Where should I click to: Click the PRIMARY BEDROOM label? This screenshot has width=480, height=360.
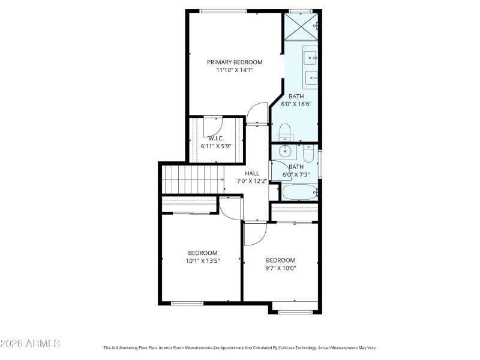coord(235,62)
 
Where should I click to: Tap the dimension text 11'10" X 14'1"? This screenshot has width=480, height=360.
coord(235,70)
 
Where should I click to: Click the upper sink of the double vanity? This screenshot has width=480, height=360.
coord(311,58)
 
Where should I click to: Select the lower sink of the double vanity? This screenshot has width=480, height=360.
coord(311,77)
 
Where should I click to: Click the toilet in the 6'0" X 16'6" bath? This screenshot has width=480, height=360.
coord(285,130)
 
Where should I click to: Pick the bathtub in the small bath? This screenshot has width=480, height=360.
coord(299,192)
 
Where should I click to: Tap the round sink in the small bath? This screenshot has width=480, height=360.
coord(285,152)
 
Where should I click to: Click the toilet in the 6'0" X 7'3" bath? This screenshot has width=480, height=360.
coord(308,155)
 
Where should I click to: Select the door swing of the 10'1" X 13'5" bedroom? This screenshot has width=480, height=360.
coord(229,206)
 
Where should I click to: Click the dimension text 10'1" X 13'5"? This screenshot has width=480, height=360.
coord(203,261)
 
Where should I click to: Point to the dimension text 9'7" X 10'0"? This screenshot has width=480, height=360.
coord(281,268)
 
